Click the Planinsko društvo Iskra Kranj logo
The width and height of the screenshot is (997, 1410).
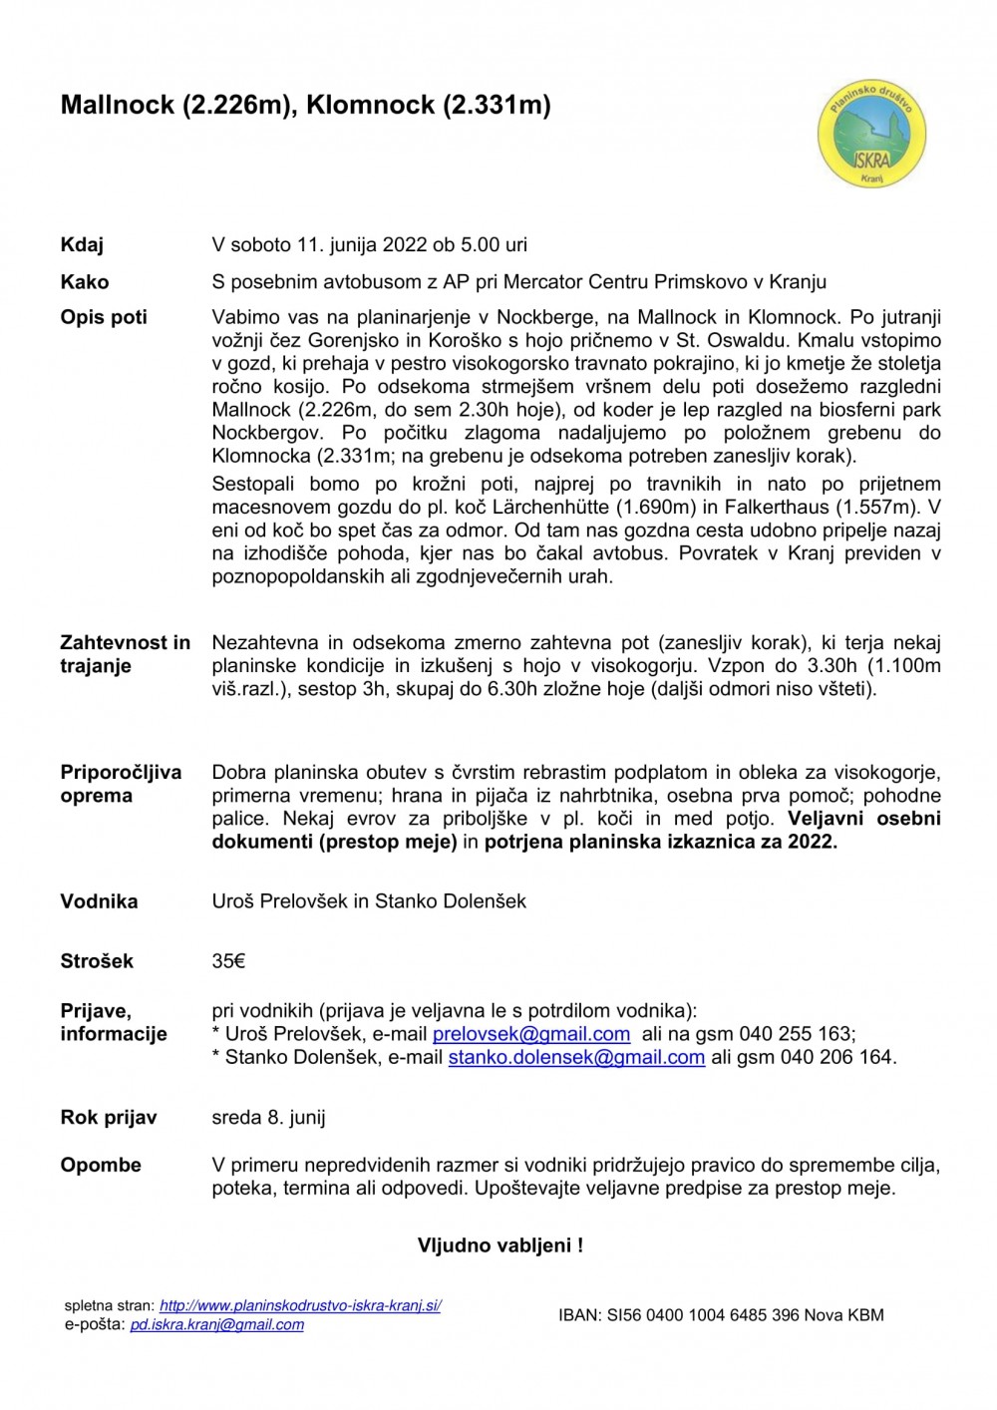click(x=871, y=136)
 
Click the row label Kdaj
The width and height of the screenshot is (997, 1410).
click(x=82, y=245)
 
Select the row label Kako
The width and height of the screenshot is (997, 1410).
click(x=85, y=282)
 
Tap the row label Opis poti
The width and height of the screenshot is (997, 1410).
click(x=104, y=317)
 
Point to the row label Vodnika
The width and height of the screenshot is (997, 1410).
click(x=99, y=901)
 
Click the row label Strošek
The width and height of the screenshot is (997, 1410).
click(x=97, y=961)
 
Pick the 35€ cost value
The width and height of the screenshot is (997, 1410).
click(x=228, y=961)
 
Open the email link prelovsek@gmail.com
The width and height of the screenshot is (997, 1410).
click(x=531, y=1034)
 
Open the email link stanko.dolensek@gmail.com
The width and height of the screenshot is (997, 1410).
click(x=576, y=1057)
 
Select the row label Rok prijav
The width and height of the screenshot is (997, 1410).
click(x=109, y=1118)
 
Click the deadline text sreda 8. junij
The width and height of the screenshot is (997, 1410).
click(x=268, y=1118)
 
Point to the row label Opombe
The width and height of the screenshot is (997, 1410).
click(x=101, y=1165)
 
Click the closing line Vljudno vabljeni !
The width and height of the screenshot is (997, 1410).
click(x=499, y=1245)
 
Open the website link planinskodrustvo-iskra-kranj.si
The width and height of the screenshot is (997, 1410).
click(x=300, y=1305)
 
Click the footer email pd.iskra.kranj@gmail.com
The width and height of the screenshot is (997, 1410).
click(x=216, y=1325)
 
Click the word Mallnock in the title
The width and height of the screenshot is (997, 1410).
click(x=118, y=105)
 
